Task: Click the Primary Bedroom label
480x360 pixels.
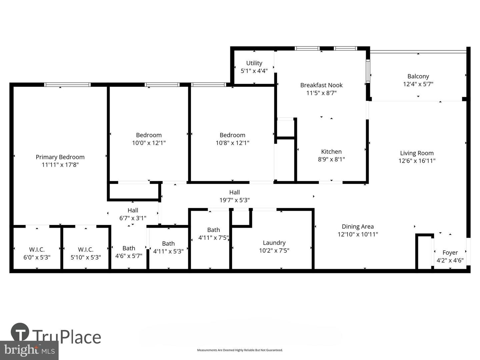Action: click(60, 157)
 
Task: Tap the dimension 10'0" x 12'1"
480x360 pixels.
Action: click(149, 143)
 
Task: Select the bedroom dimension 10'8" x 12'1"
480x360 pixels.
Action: click(232, 143)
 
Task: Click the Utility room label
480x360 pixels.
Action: click(254, 63)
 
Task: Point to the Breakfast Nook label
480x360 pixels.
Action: click(321, 85)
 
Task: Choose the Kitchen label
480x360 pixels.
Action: click(331, 152)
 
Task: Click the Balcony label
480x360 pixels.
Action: click(418, 76)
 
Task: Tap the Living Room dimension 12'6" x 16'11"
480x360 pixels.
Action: click(417, 161)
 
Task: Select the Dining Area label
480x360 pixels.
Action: click(358, 227)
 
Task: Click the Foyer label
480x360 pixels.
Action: click(450, 253)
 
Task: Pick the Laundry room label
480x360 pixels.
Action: click(274, 243)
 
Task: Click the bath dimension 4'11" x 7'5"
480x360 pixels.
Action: click(213, 238)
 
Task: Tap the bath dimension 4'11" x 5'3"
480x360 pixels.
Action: click(168, 251)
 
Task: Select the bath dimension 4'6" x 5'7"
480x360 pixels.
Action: click(129, 256)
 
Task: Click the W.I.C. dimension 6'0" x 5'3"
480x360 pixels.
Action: click(37, 257)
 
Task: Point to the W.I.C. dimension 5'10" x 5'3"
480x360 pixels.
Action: click(86, 257)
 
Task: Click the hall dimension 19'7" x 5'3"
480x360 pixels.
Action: click(234, 200)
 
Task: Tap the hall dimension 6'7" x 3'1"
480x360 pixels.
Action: click(133, 218)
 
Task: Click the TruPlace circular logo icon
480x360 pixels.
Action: click(20, 332)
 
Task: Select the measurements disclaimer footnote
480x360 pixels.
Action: click(240, 350)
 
